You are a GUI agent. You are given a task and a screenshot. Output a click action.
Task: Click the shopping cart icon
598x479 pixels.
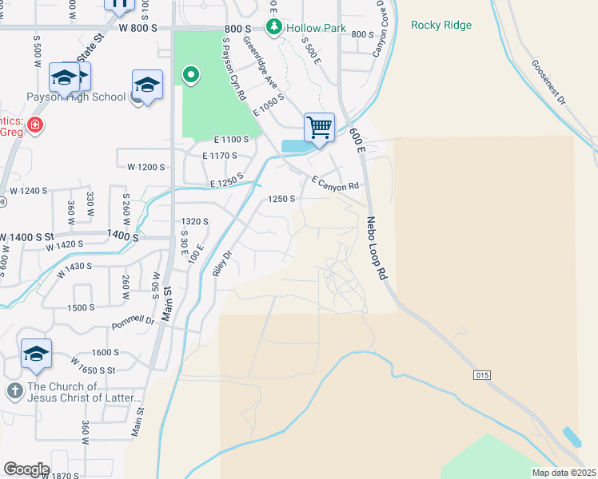pos(319,127)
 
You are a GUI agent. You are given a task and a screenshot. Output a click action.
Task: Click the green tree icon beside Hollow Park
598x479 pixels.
pos(275,28)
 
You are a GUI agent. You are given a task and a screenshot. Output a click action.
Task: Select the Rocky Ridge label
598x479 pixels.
pos(441,25)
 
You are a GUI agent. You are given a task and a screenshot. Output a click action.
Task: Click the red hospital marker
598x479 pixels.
pos(34,125)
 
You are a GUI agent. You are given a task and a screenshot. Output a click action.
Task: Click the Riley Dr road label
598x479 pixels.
pos(221,263)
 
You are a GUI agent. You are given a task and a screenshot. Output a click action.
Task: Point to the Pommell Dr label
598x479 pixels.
pos(133,320)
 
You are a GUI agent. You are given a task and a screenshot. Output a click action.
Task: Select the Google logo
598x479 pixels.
pos(26,469)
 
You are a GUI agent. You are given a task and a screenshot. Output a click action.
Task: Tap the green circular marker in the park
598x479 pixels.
pos(191,77)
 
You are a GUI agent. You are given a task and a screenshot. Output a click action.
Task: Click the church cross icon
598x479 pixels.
pos(14,390)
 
